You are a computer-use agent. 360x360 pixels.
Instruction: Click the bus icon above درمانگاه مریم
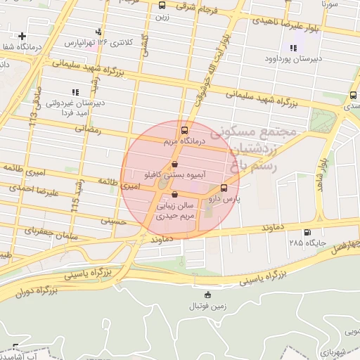coord(185,130)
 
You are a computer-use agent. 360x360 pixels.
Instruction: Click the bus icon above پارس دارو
coord(224,188)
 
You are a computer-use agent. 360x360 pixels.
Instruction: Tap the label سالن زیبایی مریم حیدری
coord(174,212)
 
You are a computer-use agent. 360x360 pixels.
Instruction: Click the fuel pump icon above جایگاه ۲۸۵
coord(307,233)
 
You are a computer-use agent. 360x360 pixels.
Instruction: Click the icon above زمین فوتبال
coord(207,294)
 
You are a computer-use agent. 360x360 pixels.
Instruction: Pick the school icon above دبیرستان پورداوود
coord(292,47)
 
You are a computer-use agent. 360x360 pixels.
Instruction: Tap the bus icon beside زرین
coord(163,6)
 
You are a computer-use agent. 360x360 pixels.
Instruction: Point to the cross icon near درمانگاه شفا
coord(22,36)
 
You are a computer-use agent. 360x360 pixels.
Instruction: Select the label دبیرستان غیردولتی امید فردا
coord(76,108)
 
